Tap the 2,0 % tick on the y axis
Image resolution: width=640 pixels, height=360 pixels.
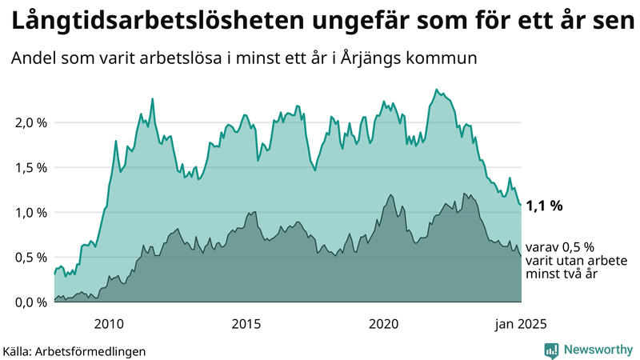(x=31, y=122)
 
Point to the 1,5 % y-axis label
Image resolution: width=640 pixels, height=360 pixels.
(x=31, y=167)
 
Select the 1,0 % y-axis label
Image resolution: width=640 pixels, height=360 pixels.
(x=31, y=212)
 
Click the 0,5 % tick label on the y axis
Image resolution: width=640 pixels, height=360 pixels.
(x=31, y=257)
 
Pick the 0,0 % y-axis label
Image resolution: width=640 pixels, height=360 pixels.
(x=31, y=302)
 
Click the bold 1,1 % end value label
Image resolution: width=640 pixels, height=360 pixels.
(x=545, y=206)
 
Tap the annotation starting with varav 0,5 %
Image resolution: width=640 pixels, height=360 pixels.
(x=571, y=261)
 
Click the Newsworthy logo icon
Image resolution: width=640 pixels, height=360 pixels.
(x=551, y=350)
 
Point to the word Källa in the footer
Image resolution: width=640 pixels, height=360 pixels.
(x=20, y=350)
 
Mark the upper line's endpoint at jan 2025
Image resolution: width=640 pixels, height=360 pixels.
(x=521, y=205)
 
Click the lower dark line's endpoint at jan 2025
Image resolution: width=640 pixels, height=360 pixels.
(x=521, y=256)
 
